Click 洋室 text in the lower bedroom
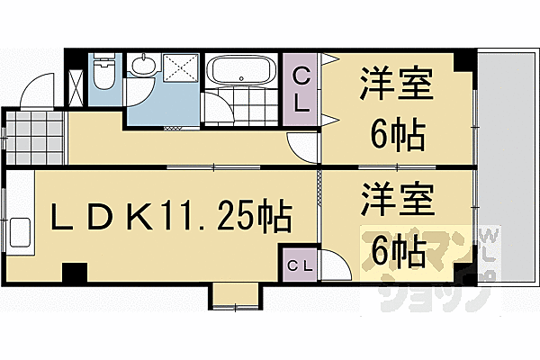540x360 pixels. (x=397, y=200)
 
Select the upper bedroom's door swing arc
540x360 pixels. (x=302, y=144)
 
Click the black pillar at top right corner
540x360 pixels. (x=461, y=62)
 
